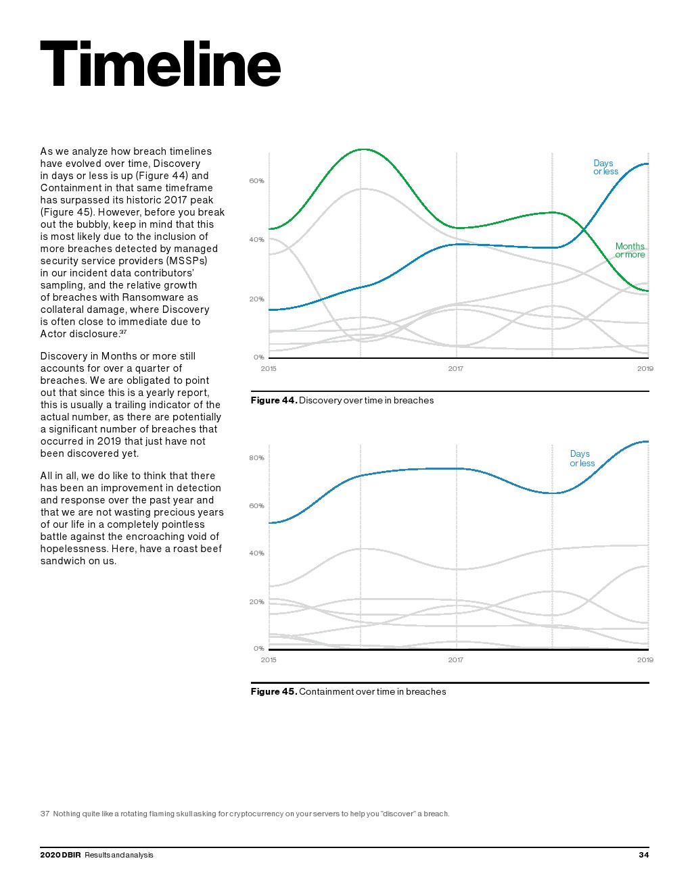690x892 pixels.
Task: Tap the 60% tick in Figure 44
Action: coord(256,181)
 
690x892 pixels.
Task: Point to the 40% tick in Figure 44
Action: coord(256,240)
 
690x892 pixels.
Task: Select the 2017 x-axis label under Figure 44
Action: coord(455,369)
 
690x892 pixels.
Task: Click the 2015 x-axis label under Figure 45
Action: coord(269,660)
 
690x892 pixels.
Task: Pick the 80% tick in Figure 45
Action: coord(256,458)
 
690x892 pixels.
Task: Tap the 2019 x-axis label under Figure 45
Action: coord(645,660)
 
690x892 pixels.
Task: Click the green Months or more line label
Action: coord(630,251)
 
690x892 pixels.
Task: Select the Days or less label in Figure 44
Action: coord(605,168)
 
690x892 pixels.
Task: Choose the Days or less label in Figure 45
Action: coord(582,459)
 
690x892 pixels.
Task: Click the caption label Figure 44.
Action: coord(273,401)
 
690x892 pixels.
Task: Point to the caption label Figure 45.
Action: coord(273,692)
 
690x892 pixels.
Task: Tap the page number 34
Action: coord(643,855)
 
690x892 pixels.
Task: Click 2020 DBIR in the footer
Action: coord(60,855)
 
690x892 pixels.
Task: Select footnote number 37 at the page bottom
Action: coord(45,814)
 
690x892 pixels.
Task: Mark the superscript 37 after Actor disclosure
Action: coord(123,332)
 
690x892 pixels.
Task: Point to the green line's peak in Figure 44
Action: coord(363,149)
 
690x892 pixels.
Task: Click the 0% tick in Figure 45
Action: coord(258,649)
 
